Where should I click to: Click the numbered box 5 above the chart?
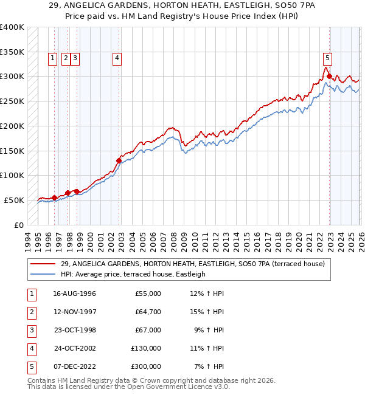(x=327, y=58)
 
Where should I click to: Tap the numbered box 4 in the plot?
(x=116, y=58)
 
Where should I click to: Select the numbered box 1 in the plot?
(x=52, y=58)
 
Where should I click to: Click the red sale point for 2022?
(x=329, y=77)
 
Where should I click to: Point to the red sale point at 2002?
(x=119, y=160)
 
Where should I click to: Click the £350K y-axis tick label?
(x=12, y=52)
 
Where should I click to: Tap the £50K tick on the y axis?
(x=14, y=200)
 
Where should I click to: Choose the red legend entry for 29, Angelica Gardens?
(x=192, y=264)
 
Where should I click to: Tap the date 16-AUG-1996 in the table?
(x=75, y=294)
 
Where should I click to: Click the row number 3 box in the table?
(x=30, y=330)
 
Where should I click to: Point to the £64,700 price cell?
(x=148, y=312)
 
